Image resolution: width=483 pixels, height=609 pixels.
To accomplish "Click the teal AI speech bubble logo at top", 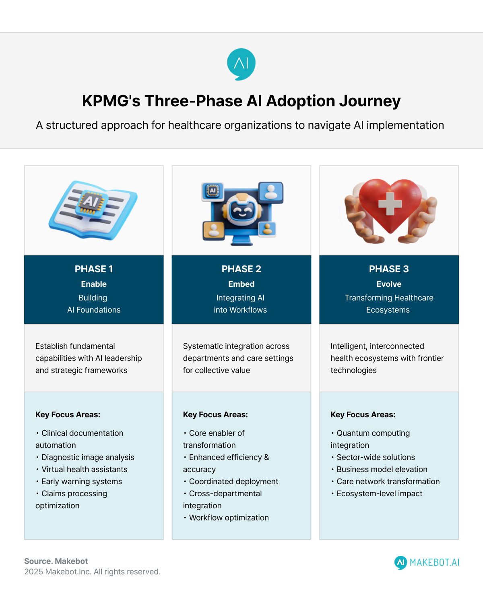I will (241, 64).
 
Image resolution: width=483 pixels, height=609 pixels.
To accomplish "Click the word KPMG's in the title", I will (111, 101).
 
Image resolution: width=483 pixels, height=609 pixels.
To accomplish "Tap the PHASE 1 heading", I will (94, 269).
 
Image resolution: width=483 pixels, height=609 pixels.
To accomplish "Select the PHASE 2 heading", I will (242, 269).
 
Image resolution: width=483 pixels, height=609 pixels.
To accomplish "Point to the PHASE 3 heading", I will (389, 269).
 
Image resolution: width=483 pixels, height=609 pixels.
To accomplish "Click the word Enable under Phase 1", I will (94, 284).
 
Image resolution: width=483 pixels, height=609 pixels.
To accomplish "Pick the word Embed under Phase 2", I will (242, 284).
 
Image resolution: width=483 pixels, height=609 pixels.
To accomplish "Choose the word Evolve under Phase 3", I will (389, 284).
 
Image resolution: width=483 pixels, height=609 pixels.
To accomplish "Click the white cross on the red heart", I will (390, 203).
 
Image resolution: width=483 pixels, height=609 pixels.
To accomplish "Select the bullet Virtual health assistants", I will (84, 469).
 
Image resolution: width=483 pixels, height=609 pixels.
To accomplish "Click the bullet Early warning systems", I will (82, 481).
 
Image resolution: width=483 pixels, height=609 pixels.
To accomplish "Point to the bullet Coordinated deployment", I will (233, 481).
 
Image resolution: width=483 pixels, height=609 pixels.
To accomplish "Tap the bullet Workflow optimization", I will (229, 518).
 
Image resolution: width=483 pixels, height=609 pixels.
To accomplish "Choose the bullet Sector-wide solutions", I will (376, 457).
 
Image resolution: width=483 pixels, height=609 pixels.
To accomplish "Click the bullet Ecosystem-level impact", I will (379, 493).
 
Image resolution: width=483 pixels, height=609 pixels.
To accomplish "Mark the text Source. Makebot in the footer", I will (56, 561).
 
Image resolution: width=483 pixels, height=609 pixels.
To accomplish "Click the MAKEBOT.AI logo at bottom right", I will (427, 562).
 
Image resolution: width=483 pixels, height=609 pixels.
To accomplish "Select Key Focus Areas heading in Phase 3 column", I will (363, 414).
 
